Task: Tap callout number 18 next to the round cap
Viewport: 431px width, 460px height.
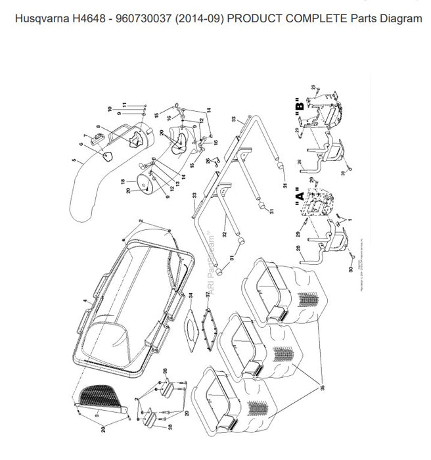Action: click(x=122, y=181)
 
